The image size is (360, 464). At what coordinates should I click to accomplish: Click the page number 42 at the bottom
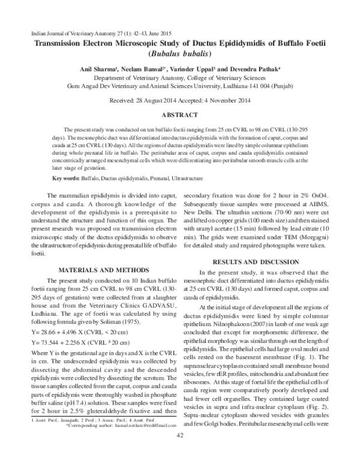pyautogui.click(x=179, y=451)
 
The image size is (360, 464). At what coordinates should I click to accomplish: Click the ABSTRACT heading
pyautogui.click(x=180, y=114)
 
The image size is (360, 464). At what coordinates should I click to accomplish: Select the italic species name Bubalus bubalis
pyautogui.click(x=180, y=53)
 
